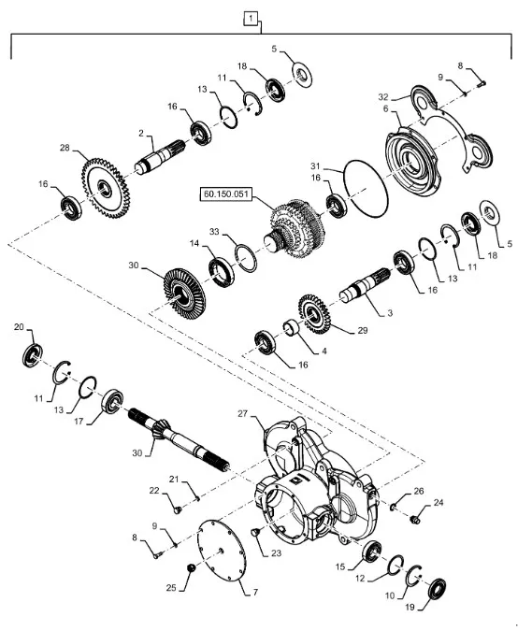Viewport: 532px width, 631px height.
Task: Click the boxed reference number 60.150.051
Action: (226, 194)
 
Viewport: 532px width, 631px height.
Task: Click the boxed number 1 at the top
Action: (251, 19)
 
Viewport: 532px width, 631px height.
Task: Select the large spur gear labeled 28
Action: (106, 188)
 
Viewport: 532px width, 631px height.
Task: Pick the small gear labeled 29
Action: (314, 314)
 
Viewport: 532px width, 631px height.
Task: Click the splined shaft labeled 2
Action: (160, 157)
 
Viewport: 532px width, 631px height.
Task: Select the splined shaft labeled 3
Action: (365, 285)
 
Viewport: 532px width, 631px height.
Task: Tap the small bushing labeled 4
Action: (292, 327)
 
